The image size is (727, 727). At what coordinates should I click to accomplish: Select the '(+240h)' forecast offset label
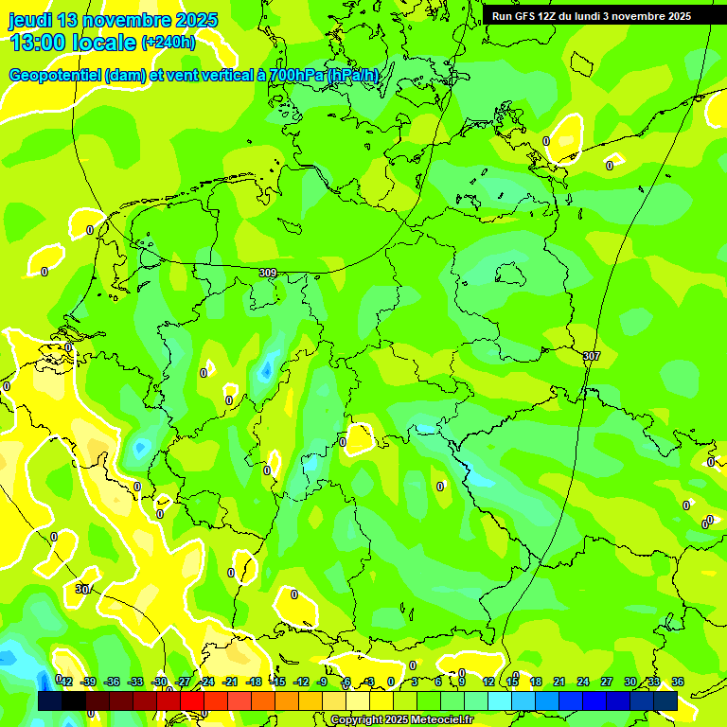pyautogui.click(x=168, y=43)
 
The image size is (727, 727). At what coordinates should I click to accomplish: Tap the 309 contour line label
pyautogui.click(x=268, y=273)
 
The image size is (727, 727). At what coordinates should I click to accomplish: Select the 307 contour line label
pyautogui.click(x=592, y=356)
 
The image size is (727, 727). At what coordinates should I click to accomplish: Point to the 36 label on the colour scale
pyautogui.click(x=678, y=682)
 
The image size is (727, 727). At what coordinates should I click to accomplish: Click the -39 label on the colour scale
pyautogui.click(x=88, y=682)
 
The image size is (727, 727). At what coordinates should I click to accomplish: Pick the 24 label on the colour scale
pyautogui.click(x=583, y=682)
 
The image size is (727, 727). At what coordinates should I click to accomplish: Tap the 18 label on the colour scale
pyautogui.click(x=536, y=682)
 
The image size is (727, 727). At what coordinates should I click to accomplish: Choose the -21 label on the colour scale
pyautogui.click(x=230, y=682)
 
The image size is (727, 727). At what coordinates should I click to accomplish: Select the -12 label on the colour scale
pyautogui.click(x=301, y=682)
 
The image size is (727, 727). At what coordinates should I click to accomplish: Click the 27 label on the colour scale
pyautogui.click(x=607, y=682)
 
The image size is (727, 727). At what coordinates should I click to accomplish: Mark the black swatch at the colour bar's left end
pyautogui.click(x=50, y=700)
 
